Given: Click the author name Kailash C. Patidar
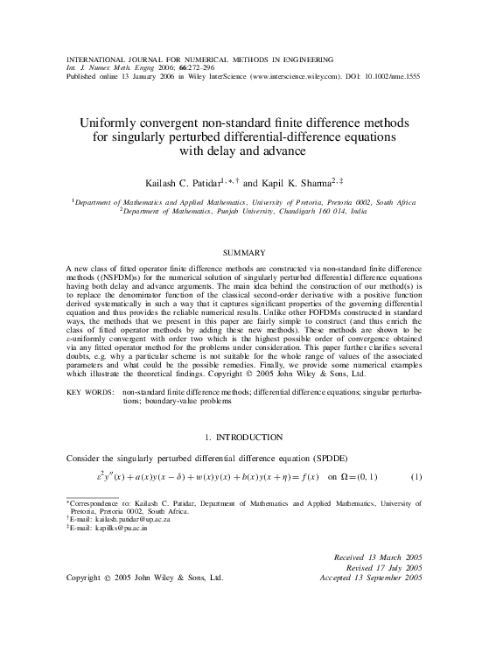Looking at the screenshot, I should (x=194, y=184).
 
